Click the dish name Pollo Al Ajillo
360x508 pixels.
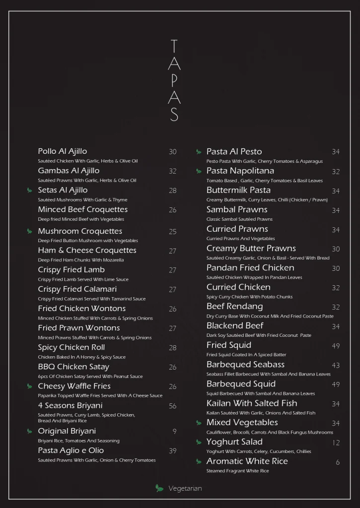[x=63, y=151]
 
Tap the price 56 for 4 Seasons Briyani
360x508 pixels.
[x=172, y=406]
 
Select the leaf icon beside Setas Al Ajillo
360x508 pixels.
[x=29, y=190]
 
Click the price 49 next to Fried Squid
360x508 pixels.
[x=336, y=346]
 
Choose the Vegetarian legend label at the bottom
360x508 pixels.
[x=185, y=489]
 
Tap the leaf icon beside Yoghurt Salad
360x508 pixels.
[x=199, y=442]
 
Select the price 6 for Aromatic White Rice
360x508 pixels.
[x=338, y=462]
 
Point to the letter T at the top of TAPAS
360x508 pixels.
[x=174, y=47]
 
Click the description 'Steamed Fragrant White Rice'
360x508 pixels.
[x=237, y=471]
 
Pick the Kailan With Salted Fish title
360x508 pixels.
[x=252, y=403]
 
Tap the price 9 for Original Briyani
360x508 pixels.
[x=174, y=432]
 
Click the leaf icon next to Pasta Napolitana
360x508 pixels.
[x=199, y=172]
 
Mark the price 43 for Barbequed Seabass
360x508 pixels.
[x=336, y=365]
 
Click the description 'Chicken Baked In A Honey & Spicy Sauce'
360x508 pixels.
[x=82, y=357]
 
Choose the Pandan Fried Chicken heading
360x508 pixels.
[x=250, y=268]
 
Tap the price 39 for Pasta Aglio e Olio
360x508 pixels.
[x=172, y=451]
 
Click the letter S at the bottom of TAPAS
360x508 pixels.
[x=174, y=115]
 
